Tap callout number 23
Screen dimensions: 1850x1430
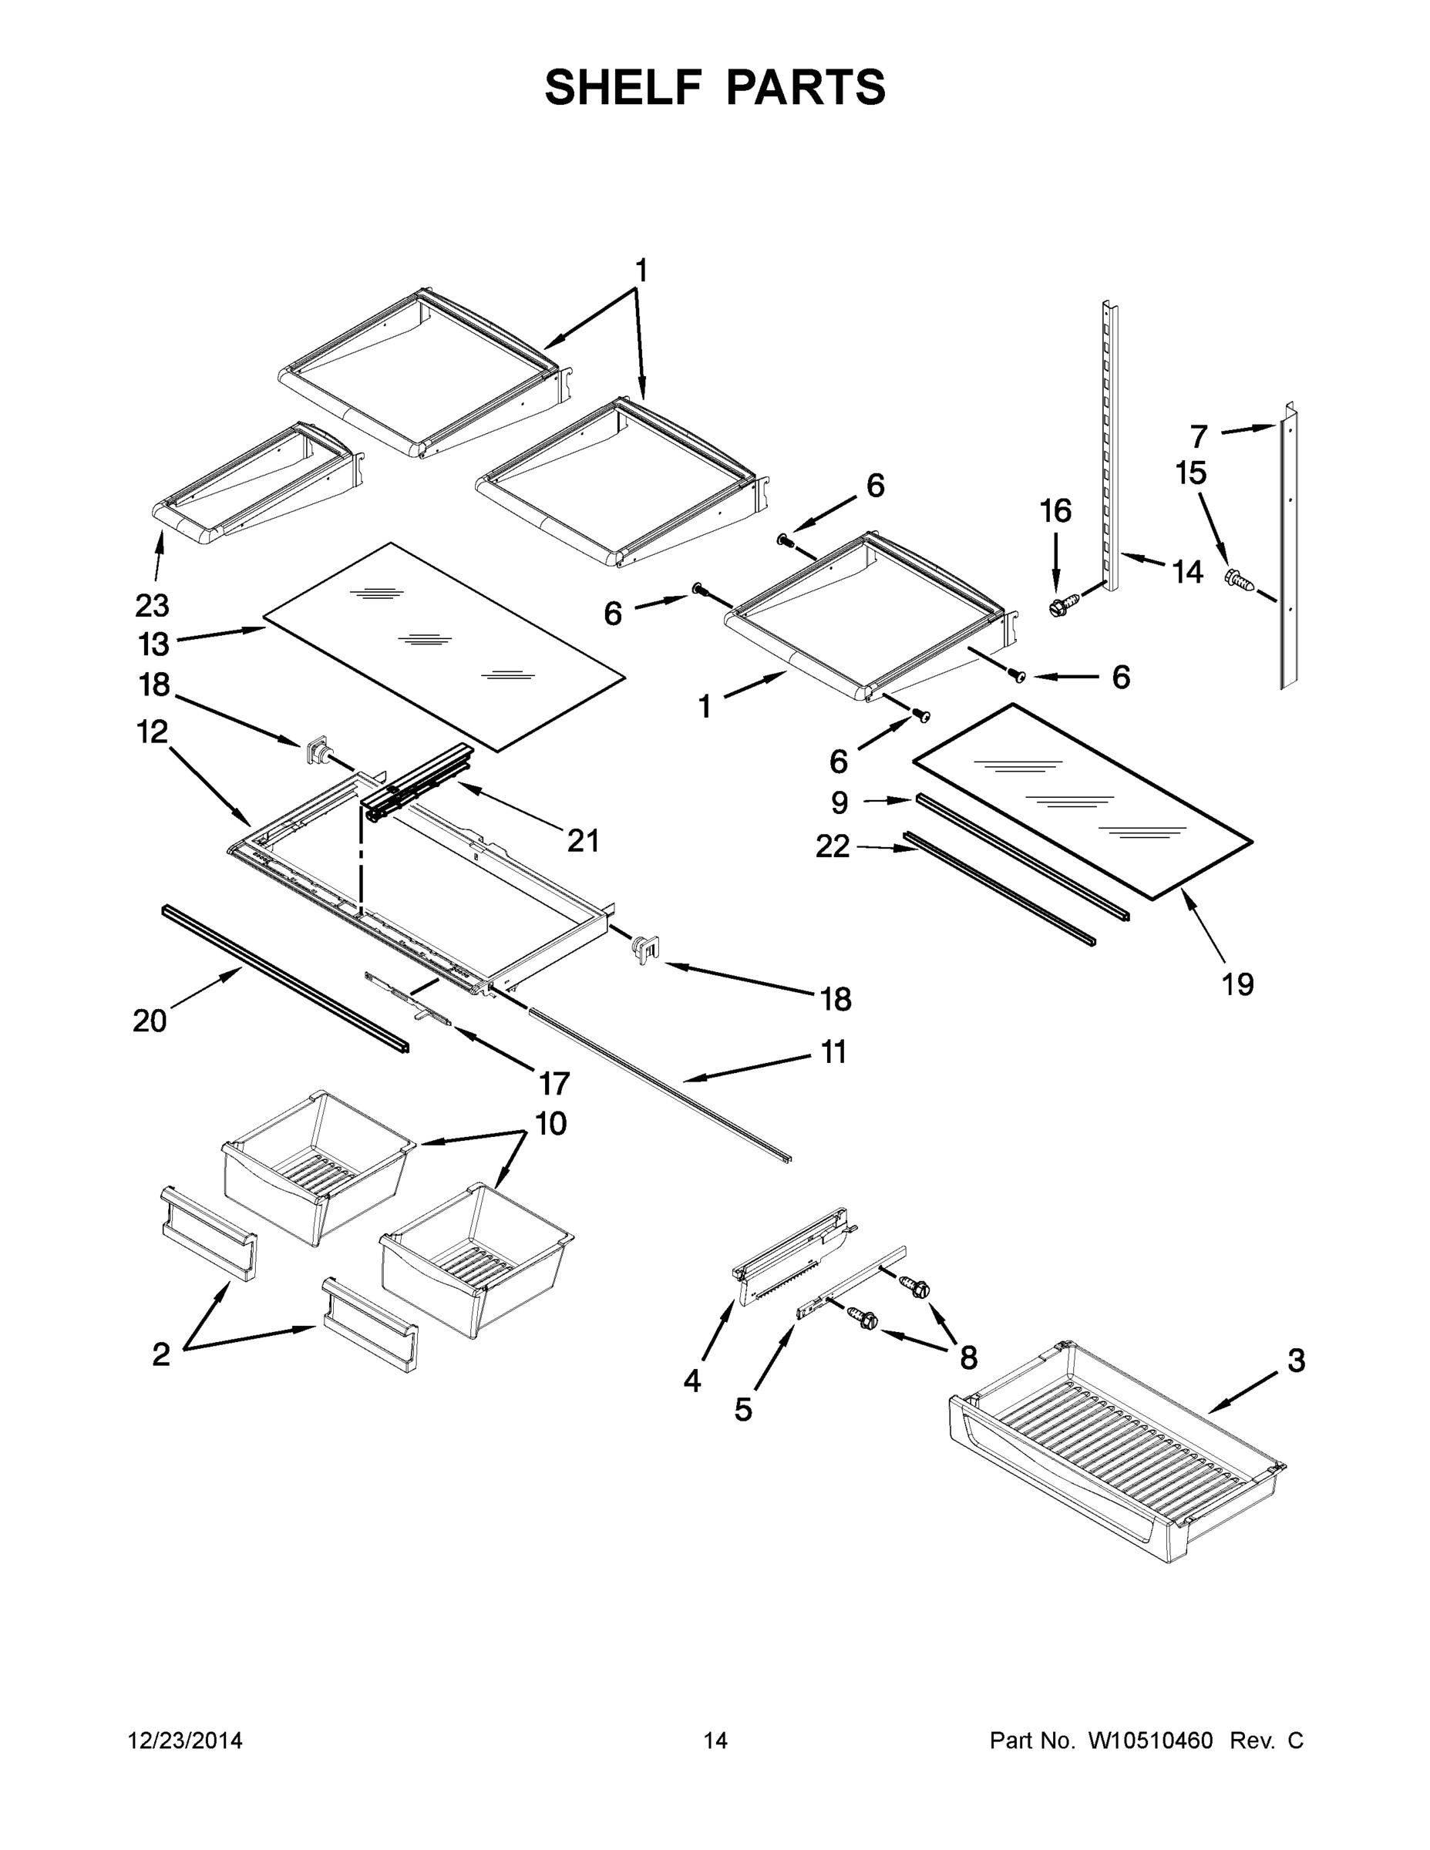[153, 605]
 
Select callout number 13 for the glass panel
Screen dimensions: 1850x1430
[153, 644]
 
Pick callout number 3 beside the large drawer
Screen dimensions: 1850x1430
[1296, 1361]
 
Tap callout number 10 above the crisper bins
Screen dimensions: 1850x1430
[550, 1124]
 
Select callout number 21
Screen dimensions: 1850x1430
[583, 841]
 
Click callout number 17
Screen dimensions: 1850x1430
[554, 1082]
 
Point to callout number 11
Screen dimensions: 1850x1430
[833, 1052]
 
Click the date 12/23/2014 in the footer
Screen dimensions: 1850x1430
[185, 1741]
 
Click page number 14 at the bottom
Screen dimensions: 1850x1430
[715, 1741]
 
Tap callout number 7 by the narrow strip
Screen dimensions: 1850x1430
[1198, 437]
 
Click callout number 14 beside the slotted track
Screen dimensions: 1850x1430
[1188, 573]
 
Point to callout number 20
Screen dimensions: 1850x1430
[150, 1021]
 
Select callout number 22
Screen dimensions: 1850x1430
[832, 846]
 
